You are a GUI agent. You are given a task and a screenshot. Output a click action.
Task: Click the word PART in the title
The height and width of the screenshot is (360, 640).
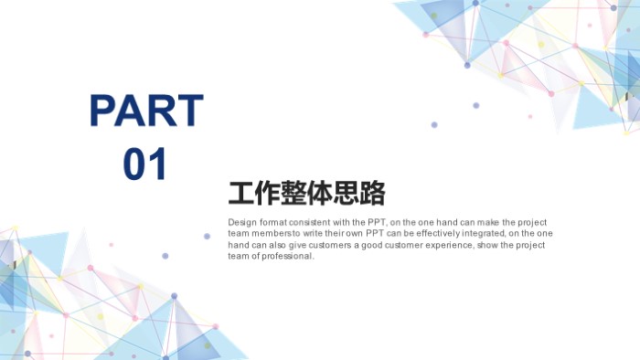point(146,111)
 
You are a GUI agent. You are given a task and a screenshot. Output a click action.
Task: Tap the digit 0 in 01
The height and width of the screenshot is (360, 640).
point(134,164)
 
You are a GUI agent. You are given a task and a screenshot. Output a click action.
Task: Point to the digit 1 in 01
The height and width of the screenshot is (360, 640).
point(158,164)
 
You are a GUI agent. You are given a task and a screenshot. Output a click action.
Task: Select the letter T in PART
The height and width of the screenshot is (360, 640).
point(189,111)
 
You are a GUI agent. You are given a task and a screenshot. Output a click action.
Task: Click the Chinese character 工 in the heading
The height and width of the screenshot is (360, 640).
point(242,194)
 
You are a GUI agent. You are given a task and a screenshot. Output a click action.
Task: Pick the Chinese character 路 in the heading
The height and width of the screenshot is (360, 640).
point(371,194)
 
